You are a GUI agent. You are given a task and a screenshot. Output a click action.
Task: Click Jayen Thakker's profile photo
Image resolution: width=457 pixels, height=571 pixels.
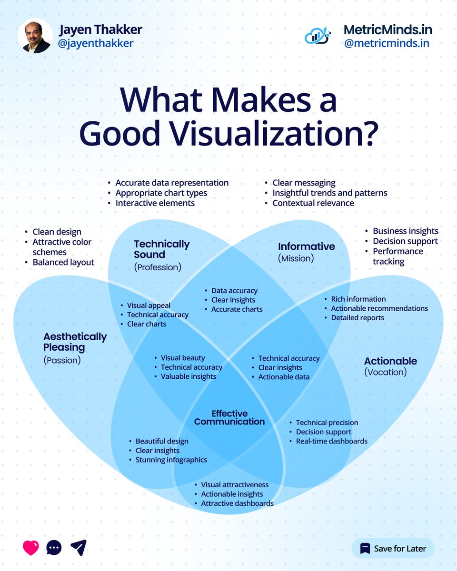35,36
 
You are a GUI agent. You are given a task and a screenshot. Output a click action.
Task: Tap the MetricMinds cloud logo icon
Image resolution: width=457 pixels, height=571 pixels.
318,36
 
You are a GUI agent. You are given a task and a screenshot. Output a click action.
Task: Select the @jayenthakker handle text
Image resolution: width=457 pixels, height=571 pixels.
96,43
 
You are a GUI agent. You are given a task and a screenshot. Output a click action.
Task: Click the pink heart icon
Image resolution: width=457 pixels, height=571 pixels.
30,548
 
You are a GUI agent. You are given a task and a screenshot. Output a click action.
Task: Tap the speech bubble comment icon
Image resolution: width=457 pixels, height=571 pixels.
54,548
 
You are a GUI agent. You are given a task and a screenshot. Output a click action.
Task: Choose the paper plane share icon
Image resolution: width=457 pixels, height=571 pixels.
79,548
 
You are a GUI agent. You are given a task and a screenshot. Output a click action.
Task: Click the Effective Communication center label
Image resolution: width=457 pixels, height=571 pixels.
229,417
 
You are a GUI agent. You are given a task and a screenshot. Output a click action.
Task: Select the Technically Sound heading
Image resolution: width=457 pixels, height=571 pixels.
161,249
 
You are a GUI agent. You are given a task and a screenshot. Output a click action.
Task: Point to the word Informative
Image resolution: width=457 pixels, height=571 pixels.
306,246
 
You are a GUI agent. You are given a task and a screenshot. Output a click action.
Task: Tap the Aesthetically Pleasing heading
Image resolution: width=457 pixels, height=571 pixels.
75,342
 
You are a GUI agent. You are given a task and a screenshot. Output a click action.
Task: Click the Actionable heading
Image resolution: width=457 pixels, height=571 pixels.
390,361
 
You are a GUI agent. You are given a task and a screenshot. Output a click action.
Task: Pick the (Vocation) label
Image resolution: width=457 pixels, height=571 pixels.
385,372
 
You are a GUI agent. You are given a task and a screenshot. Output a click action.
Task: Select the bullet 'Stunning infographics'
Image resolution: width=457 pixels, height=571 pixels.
171,460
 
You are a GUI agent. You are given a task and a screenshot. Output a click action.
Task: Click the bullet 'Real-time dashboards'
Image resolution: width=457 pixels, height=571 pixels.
332,441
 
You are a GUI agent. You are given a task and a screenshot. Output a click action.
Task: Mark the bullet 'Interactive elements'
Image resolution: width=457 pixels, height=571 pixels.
155,203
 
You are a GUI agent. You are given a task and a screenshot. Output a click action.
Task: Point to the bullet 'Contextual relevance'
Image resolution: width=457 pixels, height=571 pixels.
313,203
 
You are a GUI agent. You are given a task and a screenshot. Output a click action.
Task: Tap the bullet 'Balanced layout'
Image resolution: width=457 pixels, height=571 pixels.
63,262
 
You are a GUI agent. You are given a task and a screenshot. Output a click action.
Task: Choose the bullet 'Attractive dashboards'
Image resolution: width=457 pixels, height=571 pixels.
237,503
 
